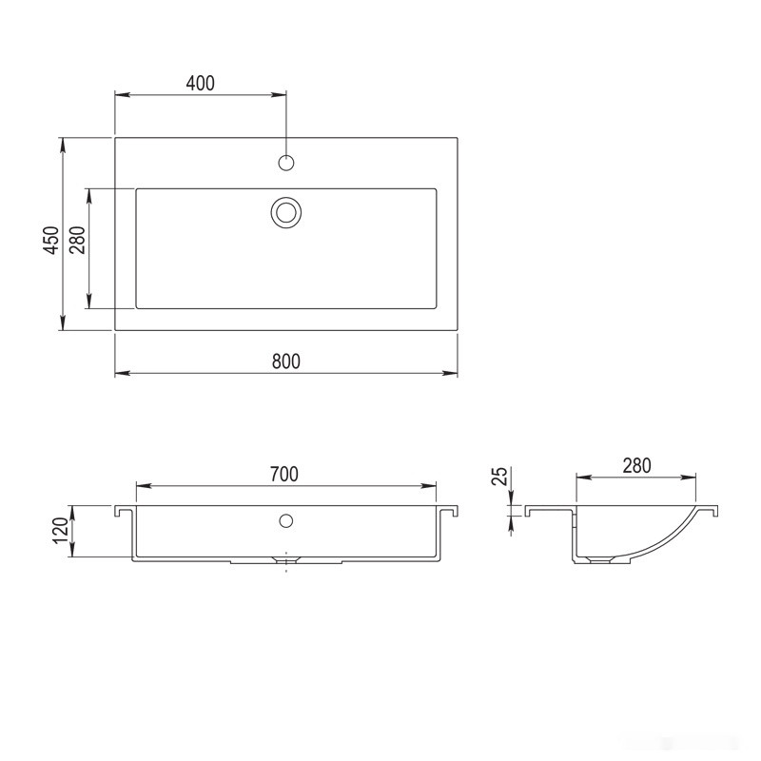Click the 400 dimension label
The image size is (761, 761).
tap(200, 83)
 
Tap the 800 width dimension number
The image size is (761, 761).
tap(285, 361)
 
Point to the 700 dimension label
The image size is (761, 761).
tap(284, 474)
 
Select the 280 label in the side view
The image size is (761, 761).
tap(636, 465)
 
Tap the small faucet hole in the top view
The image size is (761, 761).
tap(285, 162)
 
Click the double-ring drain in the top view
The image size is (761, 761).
tap(285, 212)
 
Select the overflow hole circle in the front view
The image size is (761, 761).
tap(285, 520)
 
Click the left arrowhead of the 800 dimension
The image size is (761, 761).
tap(121, 373)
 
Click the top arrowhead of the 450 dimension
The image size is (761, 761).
tap(63, 144)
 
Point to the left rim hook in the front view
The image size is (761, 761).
tap(122, 512)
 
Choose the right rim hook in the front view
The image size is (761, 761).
tap(450, 512)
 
